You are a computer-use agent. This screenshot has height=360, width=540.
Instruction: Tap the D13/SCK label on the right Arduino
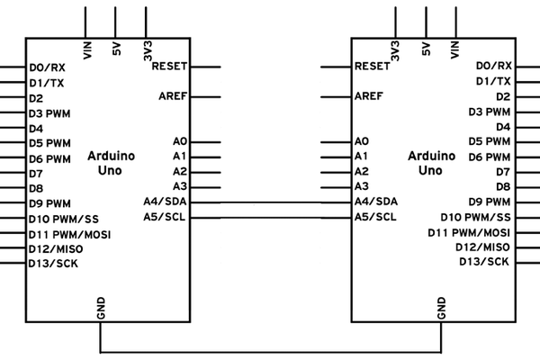[x=484, y=261]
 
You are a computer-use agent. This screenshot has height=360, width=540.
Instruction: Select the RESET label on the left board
[x=170, y=67]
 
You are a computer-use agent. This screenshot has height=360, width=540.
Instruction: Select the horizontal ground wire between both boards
[x=270, y=351]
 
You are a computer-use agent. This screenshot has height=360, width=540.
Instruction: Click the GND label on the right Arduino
[x=441, y=309]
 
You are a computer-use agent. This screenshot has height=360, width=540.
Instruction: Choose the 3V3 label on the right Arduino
[x=395, y=50]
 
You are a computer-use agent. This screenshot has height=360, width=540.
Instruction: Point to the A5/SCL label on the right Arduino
[x=375, y=217]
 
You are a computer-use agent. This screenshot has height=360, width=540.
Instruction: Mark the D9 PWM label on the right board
[x=489, y=202]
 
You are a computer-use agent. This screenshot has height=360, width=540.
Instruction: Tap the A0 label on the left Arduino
[x=179, y=142]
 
